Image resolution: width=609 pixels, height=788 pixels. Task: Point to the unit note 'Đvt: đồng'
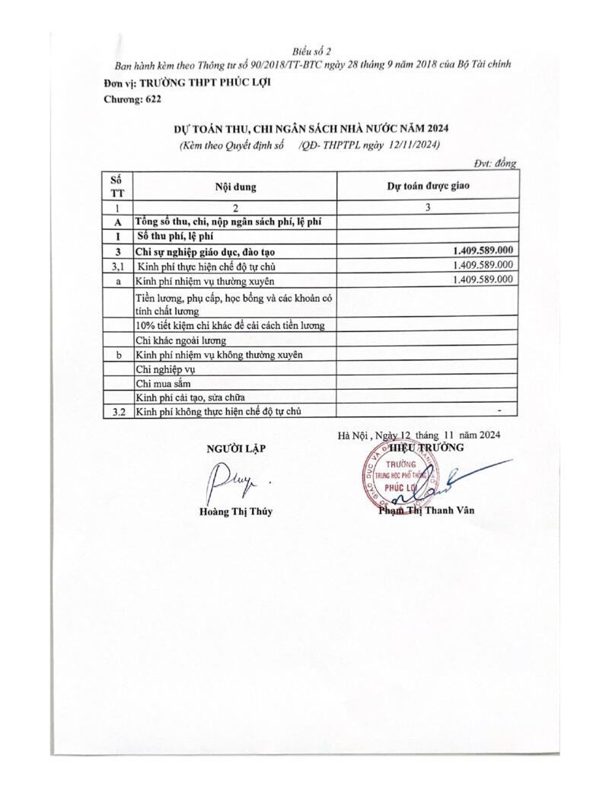point(496,163)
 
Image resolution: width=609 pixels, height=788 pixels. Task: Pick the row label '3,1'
point(117,266)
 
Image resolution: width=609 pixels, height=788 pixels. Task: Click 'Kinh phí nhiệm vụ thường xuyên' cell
point(200,280)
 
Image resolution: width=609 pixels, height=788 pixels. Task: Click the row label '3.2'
point(117,412)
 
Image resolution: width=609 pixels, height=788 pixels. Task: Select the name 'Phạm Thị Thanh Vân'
point(426,510)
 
